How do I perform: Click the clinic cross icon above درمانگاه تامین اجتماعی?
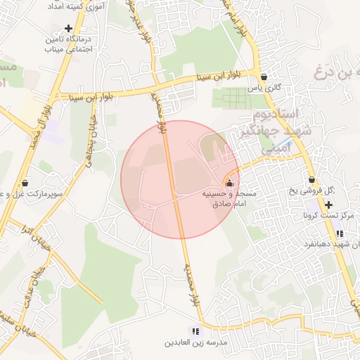pyautogui.click(x=68, y=28)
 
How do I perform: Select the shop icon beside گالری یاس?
pyautogui.click(x=264, y=77)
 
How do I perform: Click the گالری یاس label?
pyautogui.click(x=267, y=88)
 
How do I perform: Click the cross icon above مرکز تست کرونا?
pyautogui.click(x=328, y=204)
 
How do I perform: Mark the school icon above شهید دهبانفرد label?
pyautogui.click(x=340, y=233)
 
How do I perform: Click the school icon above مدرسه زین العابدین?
pyautogui.click(x=196, y=331)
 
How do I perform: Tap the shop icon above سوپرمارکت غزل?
pyautogui.click(x=25, y=183)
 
